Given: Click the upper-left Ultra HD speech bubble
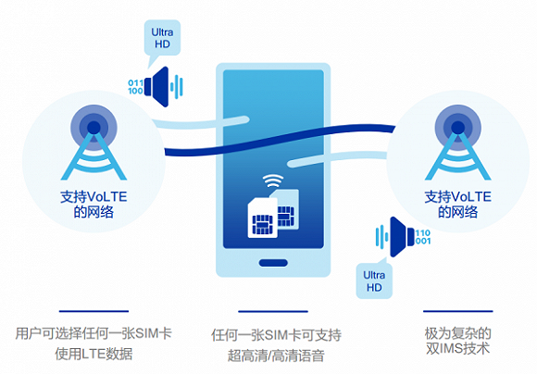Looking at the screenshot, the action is tap(162, 38).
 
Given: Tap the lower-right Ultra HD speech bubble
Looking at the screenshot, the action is tap(374, 280).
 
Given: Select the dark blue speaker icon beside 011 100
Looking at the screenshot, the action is tap(156, 87).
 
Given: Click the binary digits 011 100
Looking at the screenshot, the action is tap(135, 87).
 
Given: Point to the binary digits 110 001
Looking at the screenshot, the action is tap(423, 237).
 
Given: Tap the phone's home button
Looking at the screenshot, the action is tap(273, 263).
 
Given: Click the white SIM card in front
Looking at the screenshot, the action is tap(262, 218).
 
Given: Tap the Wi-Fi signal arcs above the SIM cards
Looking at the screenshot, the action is tap(273, 181).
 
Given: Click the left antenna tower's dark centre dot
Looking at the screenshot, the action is tap(94, 128).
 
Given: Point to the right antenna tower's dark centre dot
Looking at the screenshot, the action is tap(458, 128).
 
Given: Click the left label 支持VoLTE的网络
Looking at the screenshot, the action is tap(94, 205).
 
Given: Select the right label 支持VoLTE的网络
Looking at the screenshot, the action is tap(458, 205).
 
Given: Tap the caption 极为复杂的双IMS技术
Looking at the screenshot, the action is tap(458, 341).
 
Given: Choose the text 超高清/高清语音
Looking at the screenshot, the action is tap(276, 355).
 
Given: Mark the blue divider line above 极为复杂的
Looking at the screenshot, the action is tap(458, 311).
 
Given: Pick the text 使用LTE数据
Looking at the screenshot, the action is tap(94, 354).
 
